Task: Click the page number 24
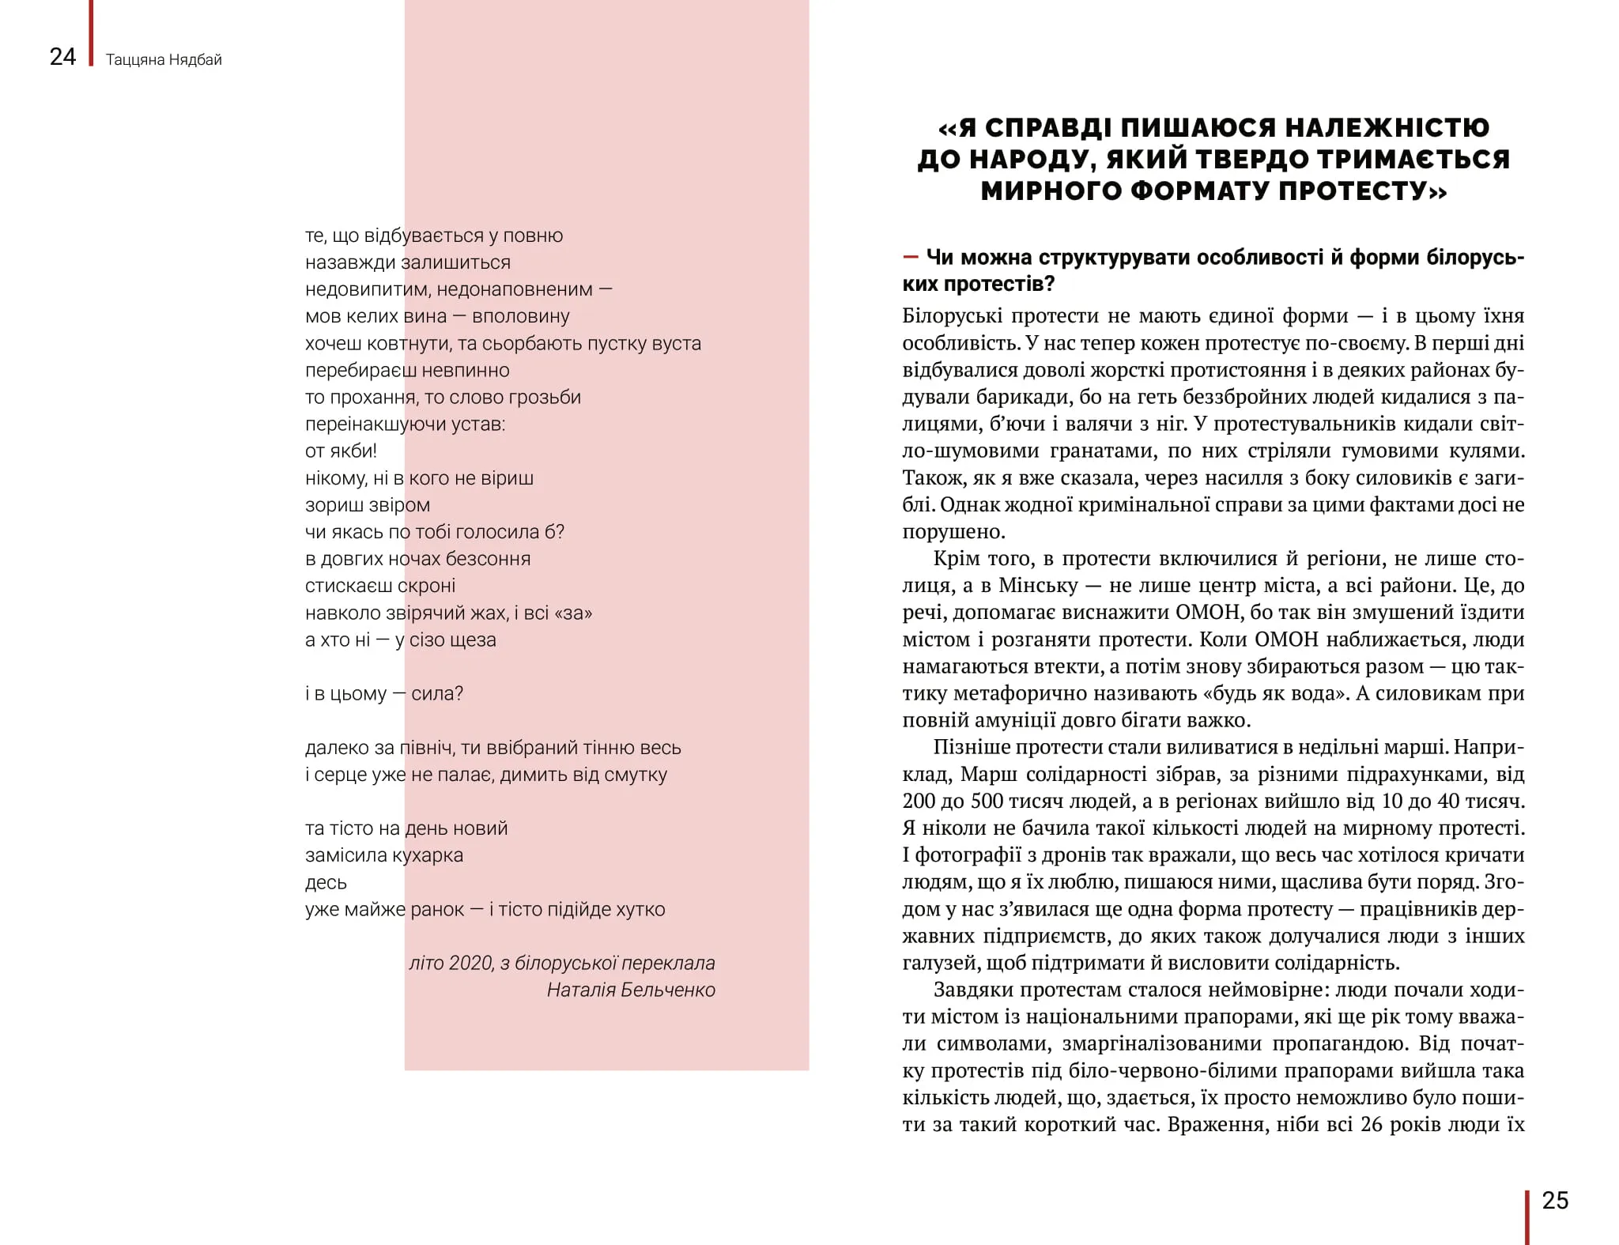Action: coord(62,57)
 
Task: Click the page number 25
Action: coord(1555,1201)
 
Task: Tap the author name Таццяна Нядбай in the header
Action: coord(164,60)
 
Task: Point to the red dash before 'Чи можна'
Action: coord(911,258)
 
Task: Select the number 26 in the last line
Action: coord(1372,1125)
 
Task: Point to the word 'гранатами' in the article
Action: coord(1103,451)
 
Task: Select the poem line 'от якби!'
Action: coord(341,451)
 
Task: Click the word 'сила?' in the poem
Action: coord(437,694)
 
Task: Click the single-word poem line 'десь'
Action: coord(326,883)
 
